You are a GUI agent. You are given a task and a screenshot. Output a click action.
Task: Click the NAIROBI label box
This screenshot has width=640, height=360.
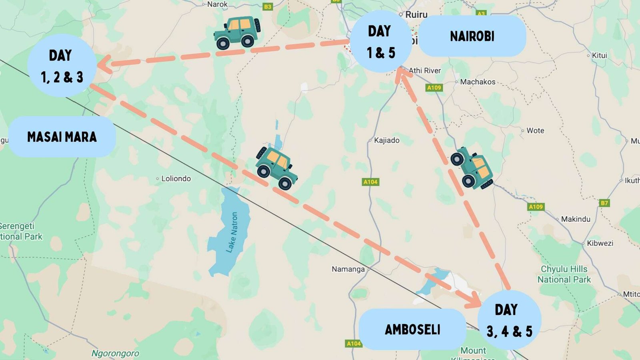tap(472, 36)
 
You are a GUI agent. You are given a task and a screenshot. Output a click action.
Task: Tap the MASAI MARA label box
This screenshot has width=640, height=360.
tap(62, 137)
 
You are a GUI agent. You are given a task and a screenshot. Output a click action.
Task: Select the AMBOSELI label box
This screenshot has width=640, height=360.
tap(412, 330)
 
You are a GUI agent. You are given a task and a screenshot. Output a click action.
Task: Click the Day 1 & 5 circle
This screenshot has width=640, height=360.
tap(380, 42)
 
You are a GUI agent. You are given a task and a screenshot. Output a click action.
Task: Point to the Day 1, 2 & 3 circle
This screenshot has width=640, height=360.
tap(62, 66)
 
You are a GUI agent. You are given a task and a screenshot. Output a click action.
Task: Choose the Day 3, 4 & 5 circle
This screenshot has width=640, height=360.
tap(509, 320)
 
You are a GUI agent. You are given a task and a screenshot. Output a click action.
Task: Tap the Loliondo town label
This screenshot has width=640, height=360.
tap(176, 179)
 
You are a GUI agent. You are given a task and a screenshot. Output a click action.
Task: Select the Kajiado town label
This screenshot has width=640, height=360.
tap(386, 140)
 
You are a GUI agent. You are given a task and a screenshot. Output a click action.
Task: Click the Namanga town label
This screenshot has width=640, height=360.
tap(348, 269)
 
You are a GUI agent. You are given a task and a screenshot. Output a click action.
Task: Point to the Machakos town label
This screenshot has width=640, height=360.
tap(477, 82)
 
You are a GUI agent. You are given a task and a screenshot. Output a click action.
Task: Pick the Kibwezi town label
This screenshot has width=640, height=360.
tap(600, 243)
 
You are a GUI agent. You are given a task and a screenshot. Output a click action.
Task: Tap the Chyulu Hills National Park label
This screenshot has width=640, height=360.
tap(564, 274)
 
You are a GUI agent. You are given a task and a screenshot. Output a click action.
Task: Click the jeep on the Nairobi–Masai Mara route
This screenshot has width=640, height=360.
tap(237, 33)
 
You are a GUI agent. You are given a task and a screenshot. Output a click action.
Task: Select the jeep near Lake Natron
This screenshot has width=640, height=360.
tap(276, 168)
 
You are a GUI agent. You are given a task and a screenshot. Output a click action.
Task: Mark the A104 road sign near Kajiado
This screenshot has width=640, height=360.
tap(370, 182)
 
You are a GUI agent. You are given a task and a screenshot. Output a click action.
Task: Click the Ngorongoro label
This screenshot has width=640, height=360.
tap(115, 353)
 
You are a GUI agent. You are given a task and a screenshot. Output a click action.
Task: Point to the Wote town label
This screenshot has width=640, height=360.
tap(535, 131)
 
